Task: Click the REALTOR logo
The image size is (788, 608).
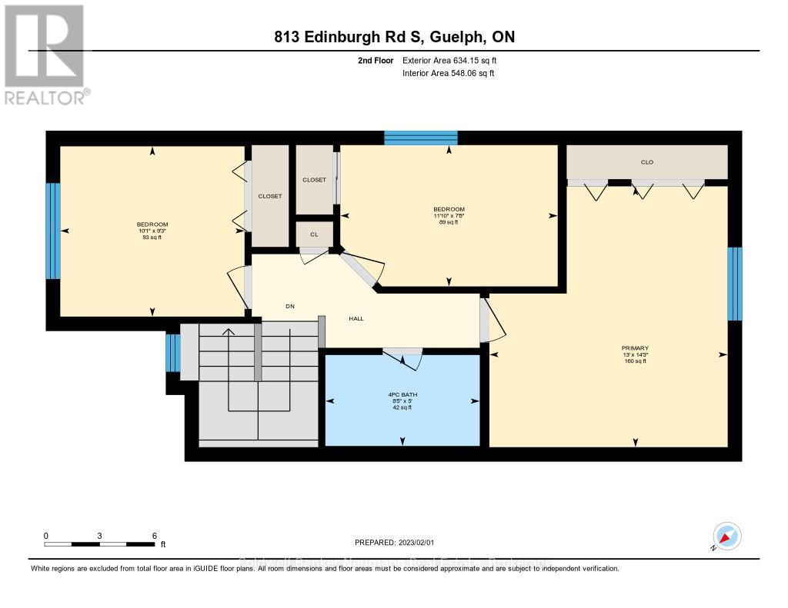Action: coord(45,54)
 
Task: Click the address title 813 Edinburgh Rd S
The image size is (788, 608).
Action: coord(393,37)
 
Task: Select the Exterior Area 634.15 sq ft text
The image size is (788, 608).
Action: coord(455,61)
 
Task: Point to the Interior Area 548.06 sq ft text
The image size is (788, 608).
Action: coord(449,74)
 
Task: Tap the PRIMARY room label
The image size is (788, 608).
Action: coord(635,348)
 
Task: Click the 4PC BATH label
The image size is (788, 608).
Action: coord(402,394)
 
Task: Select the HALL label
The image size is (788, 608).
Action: coord(356,318)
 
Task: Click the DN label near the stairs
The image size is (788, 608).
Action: coord(290,307)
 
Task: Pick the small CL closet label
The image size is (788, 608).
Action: coord(314,234)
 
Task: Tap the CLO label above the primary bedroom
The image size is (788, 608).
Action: coord(646,162)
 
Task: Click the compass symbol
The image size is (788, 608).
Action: coord(726,536)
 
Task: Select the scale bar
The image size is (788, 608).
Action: coord(99,543)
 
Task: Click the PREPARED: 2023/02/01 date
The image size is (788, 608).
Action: coord(394,542)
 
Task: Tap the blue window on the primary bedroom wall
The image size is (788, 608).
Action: coord(735,284)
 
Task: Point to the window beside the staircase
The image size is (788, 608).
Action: coord(173,353)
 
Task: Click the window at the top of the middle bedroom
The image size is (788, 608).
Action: coord(421,138)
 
